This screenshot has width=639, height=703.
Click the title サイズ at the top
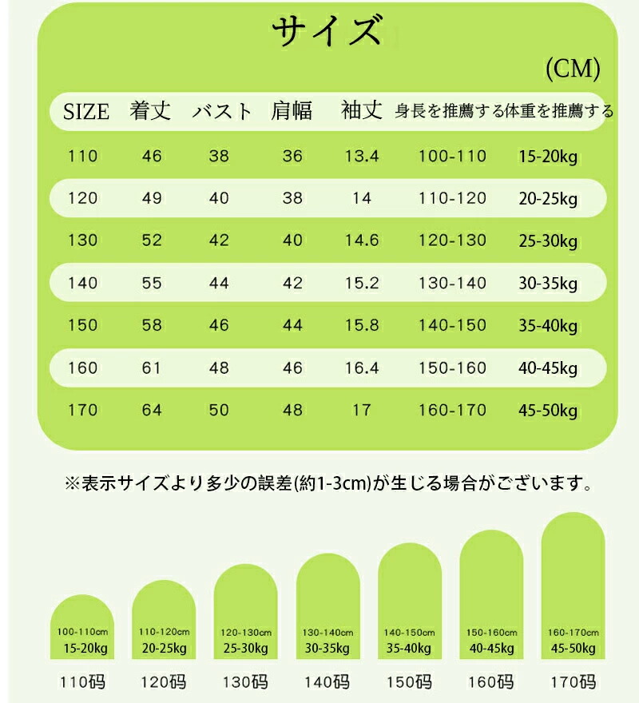tap(323, 34)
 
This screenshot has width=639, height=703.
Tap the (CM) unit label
tap(572, 70)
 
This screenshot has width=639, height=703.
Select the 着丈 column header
tap(151, 111)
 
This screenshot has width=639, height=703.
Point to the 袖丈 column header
tap(362, 110)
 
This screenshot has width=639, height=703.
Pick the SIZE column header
tap(85, 112)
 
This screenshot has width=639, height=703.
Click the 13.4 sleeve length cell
tap(361, 156)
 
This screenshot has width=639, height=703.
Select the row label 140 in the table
tap(83, 283)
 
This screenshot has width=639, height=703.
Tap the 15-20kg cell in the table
tap(547, 157)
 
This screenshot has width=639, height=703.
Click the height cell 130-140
tap(452, 283)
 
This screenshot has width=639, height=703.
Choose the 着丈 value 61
tap(152, 367)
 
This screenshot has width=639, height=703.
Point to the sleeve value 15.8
tap(361, 325)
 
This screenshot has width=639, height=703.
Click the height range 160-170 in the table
tap(452, 410)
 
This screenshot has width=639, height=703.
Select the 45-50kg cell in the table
tap(547, 411)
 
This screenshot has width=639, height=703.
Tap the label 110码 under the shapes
tap(83, 682)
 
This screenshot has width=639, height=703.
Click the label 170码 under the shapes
tap(573, 682)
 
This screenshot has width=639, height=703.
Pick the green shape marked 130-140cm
tap(327, 607)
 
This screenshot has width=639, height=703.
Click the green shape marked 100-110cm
tap(82, 627)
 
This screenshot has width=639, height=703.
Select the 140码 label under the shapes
tap(327, 682)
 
